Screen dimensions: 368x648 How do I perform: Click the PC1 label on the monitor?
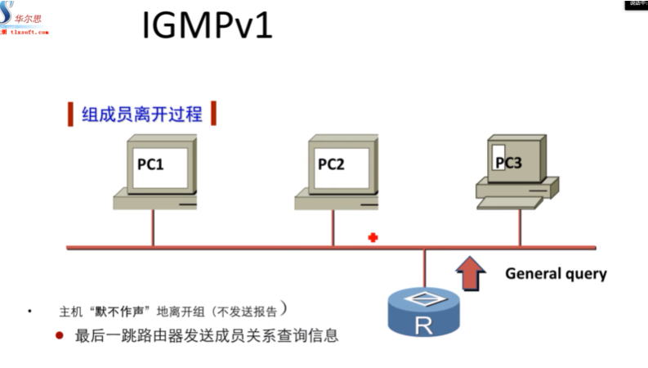pyautogui.click(x=150, y=164)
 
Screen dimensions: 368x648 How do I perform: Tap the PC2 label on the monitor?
pyautogui.click(x=331, y=164)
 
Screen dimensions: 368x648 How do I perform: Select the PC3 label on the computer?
pyautogui.click(x=507, y=162)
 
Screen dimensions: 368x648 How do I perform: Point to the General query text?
pyautogui.click(x=556, y=274)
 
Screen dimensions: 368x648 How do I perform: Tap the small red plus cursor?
pyautogui.click(x=373, y=237)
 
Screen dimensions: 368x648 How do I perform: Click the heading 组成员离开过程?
pyautogui.click(x=141, y=114)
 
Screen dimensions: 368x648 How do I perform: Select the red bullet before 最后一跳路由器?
pyautogui.click(x=59, y=335)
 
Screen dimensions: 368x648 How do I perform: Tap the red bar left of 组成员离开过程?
pyautogui.click(x=69, y=114)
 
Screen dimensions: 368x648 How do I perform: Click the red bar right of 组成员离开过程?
pyautogui.click(x=213, y=114)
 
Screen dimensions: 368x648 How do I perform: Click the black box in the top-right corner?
pyautogui.click(x=637, y=4)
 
